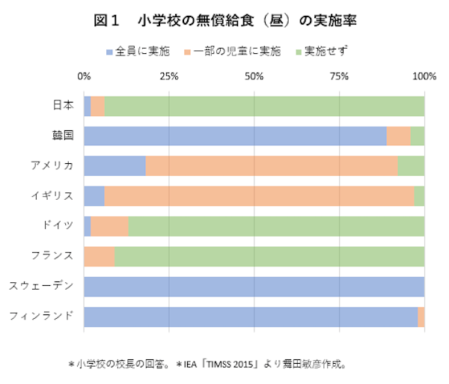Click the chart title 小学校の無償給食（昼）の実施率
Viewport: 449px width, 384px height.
pyautogui.click(x=224, y=22)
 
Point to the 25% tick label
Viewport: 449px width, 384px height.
pyautogui.click(x=169, y=76)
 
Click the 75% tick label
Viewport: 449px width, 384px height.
pyautogui.click(x=340, y=76)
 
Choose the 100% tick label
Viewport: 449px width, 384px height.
pyautogui.click(x=424, y=76)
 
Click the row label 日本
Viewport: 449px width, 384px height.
pyautogui.click(x=63, y=106)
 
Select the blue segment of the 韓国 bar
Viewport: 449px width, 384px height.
pyautogui.click(x=235, y=135)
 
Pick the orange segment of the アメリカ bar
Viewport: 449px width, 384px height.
pyautogui.click(x=271, y=165)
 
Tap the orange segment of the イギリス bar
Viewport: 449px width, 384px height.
pyautogui.click(x=259, y=196)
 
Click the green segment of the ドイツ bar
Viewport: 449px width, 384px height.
pyautogui.click(x=276, y=226)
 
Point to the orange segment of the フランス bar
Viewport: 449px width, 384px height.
pyautogui.click(x=100, y=256)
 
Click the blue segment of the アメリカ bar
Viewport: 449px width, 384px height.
pyautogui.click(x=114, y=165)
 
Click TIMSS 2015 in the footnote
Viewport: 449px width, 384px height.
pyautogui.click(x=231, y=365)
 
